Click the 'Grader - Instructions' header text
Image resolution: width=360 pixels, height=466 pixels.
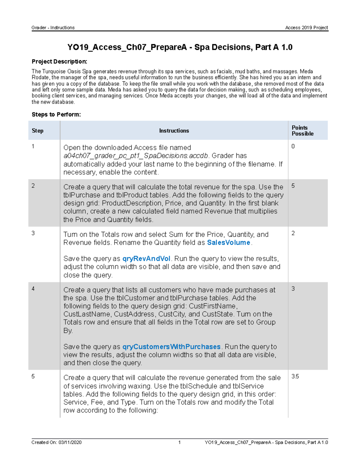click(53, 28)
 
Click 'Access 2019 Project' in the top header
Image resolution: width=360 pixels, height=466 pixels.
click(306, 28)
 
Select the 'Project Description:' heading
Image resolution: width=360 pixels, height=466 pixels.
click(59, 62)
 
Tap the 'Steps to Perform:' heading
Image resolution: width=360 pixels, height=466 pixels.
click(56, 114)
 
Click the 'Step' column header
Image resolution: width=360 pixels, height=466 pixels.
click(37, 131)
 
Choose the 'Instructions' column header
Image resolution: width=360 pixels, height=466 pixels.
click(174, 131)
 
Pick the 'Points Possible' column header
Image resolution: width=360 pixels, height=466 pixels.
click(302, 131)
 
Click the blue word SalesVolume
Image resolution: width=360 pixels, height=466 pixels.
click(229, 242)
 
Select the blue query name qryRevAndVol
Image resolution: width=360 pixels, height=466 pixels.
click(146, 259)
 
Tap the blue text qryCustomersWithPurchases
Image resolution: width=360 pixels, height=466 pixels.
click(171, 347)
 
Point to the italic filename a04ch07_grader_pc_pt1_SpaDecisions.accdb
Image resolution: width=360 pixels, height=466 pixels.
click(136, 156)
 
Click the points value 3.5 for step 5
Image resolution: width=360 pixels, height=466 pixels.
click(295, 376)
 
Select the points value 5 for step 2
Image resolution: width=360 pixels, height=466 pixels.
click(293, 186)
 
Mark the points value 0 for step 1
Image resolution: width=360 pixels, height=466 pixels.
click(293, 146)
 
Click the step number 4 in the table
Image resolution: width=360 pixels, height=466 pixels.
click(33, 289)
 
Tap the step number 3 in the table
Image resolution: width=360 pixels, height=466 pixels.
click(33, 233)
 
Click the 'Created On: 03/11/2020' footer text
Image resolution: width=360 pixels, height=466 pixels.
click(56, 442)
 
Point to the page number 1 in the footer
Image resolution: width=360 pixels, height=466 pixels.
click(179, 442)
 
